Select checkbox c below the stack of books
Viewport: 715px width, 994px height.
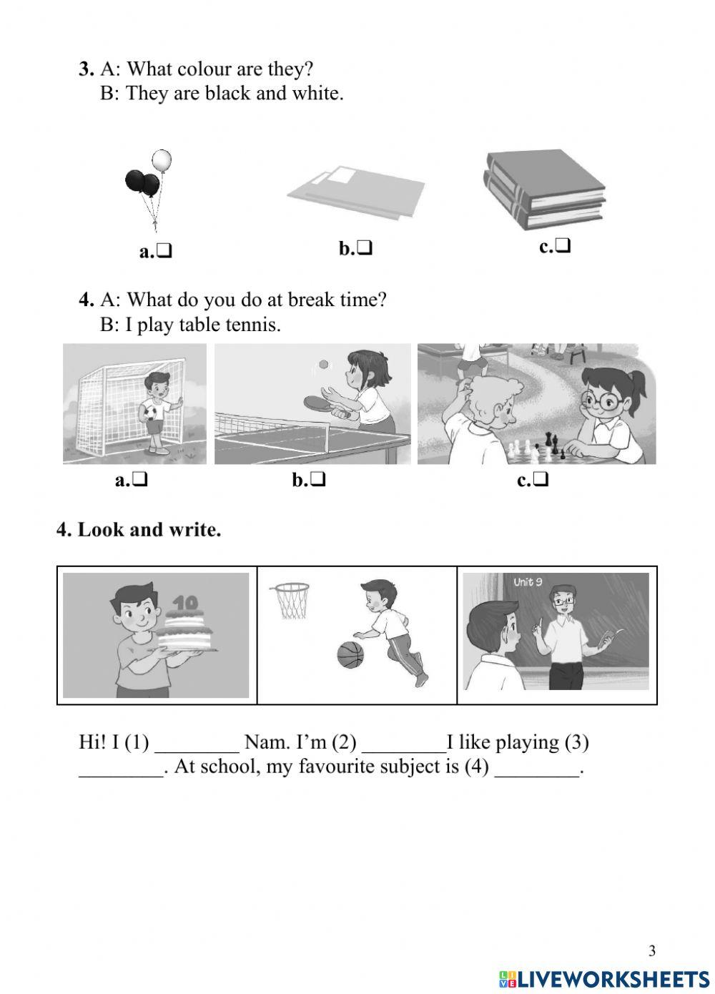tap(563, 247)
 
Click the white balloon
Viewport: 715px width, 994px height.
tap(162, 160)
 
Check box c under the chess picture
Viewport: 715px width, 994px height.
tap(541, 481)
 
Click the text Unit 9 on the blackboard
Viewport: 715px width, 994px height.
tap(528, 582)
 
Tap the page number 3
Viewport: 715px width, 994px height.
tap(651, 951)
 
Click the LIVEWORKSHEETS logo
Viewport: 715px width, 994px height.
tap(605, 978)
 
